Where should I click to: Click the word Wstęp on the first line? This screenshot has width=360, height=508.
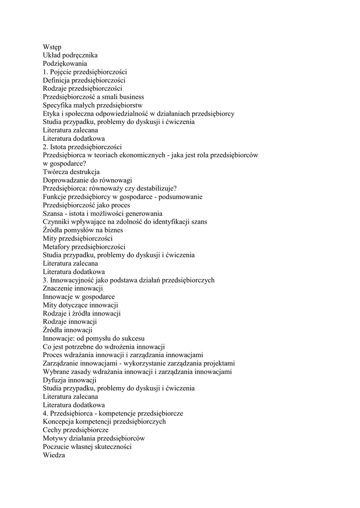pos(52,47)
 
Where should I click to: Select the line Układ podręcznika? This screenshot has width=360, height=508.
pos(70,55)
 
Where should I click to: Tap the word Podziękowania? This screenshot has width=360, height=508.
pos(65,63)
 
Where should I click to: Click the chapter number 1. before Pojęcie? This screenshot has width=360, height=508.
pos(46,71)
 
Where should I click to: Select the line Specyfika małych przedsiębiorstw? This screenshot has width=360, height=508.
pos(92,105)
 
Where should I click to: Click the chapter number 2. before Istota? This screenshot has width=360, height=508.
pos(46,147)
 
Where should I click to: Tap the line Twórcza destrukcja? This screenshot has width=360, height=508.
pos(71,172)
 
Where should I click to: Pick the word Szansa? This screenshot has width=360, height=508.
pos(54,213)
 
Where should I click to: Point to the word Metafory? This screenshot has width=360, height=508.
pos(56,247)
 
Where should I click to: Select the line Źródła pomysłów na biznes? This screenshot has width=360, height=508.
pos(82,230)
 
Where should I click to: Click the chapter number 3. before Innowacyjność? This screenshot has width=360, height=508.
pos(46,280)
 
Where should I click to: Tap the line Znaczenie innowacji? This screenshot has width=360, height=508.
pos(72,288)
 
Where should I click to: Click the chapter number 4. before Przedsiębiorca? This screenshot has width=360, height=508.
pos(46,413)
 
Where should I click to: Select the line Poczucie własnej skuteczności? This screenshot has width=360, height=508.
pos(87,446)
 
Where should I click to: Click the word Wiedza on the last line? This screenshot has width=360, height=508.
pos(54,455)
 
